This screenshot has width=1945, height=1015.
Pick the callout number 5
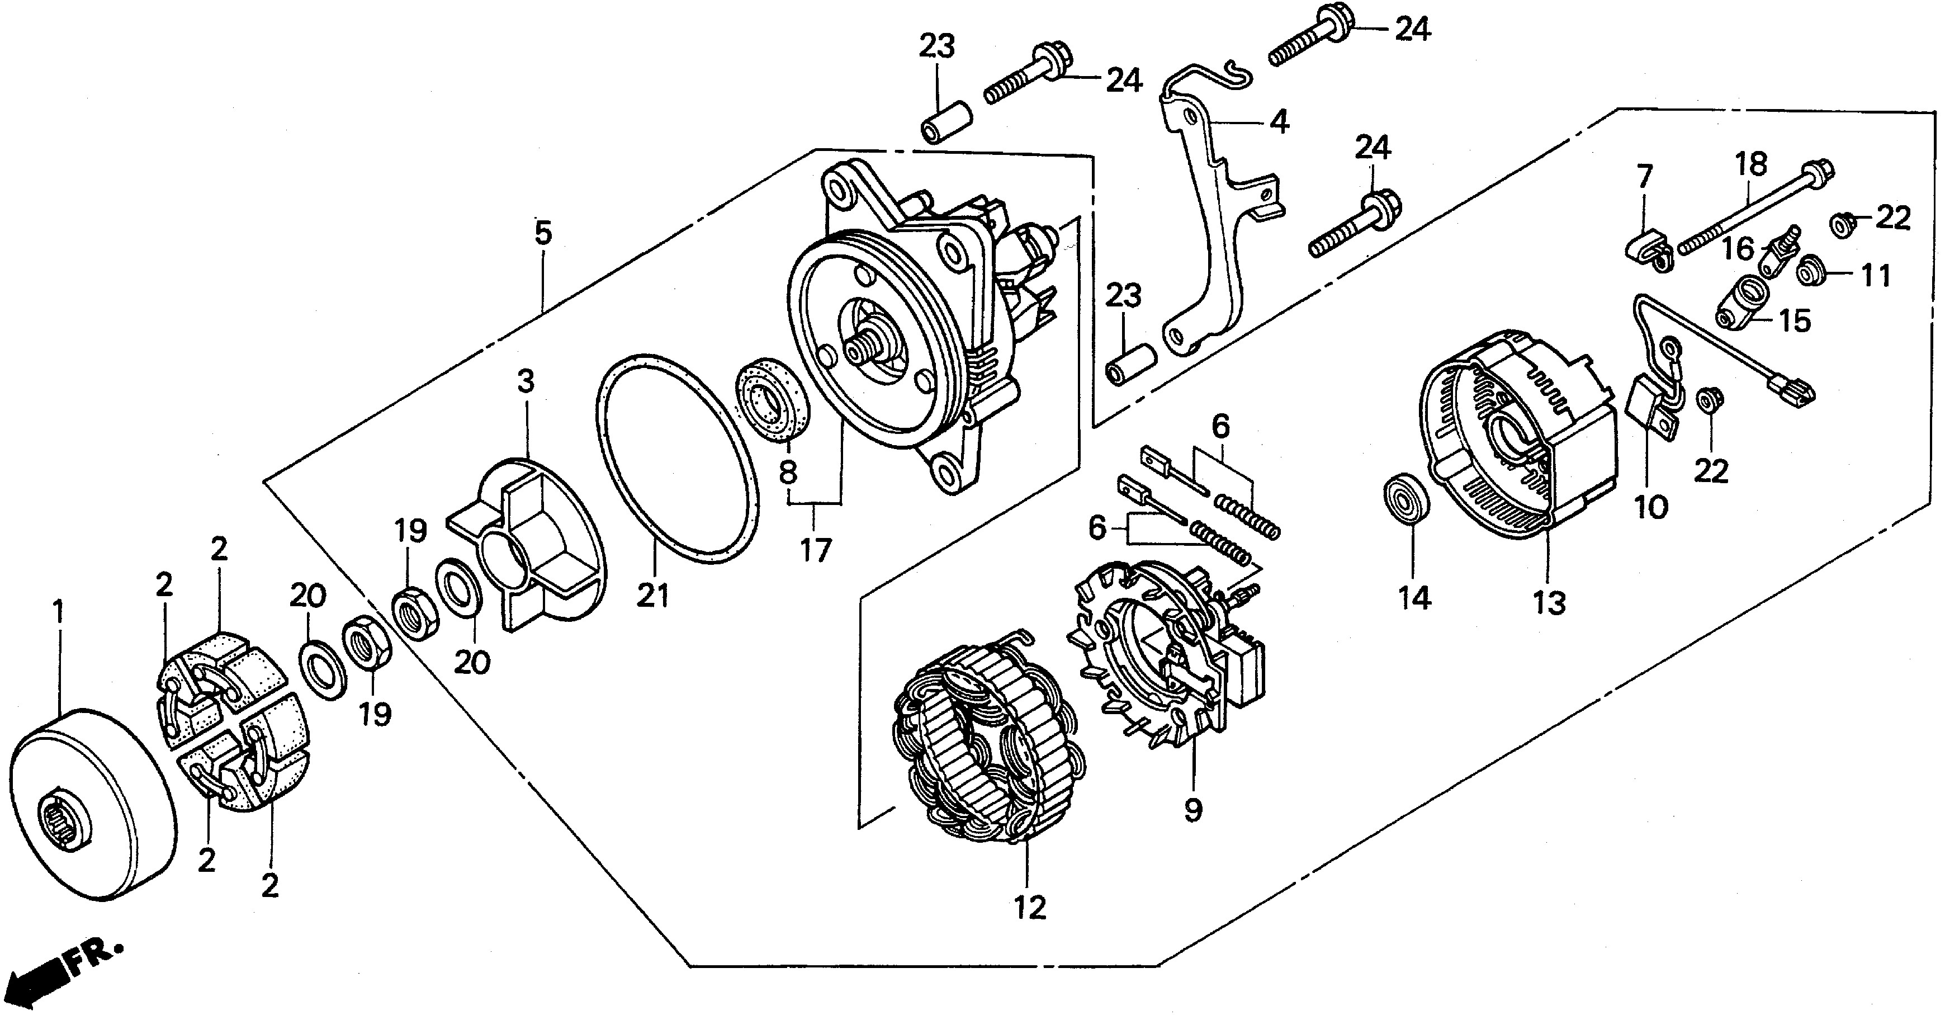tap(543, 233)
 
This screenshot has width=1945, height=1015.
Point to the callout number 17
tap(816, 550)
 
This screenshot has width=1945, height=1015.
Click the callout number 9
tap(1192, 810)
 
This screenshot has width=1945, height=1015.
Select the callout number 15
tap(1794, 321)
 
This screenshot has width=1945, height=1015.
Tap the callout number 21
tap(652, 597)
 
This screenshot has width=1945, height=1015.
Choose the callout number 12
tap(1030, 907)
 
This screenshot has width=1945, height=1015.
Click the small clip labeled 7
tap(1648, 249)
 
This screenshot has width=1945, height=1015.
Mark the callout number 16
tap(1738, 248)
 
